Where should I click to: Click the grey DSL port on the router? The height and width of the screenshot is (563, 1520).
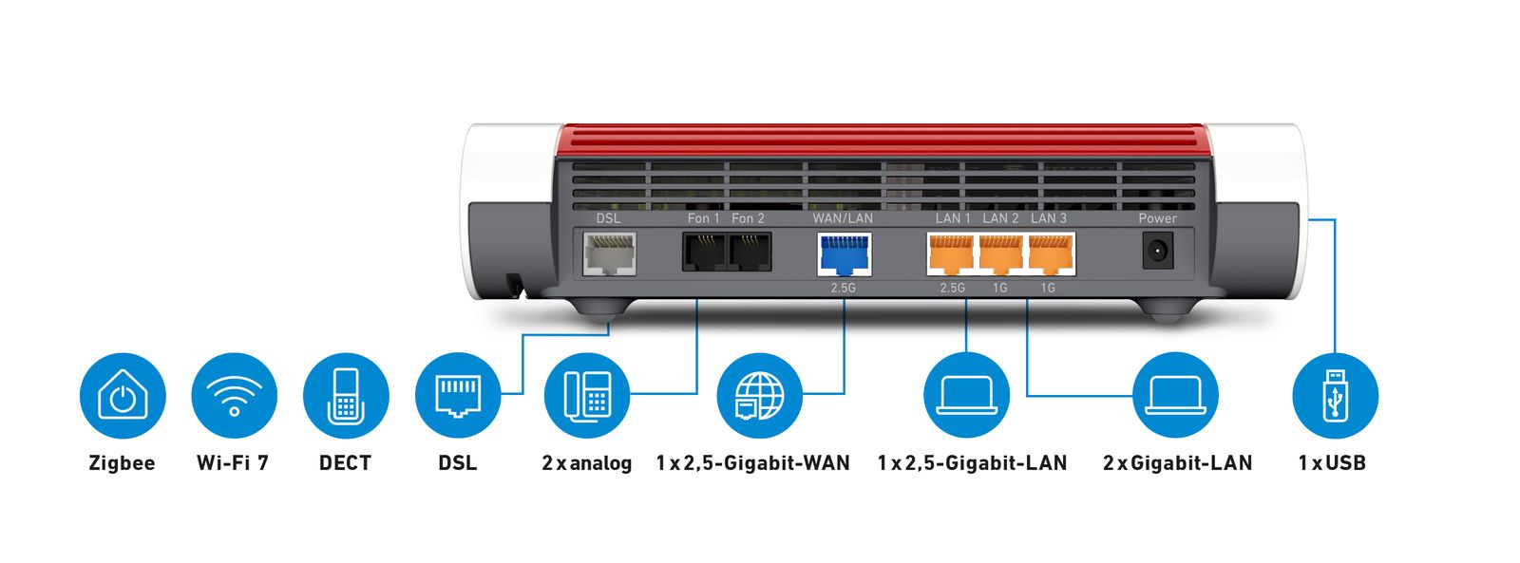pos(609,253)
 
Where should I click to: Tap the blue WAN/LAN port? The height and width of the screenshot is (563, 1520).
pos(844,253)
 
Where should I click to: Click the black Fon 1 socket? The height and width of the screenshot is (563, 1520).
pos(704,252)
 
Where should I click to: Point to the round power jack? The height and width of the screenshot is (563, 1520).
pos(1157,252)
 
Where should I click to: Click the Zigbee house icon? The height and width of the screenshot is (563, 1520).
pos(123,396)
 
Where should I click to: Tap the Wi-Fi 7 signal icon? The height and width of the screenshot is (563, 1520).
pos(234,396)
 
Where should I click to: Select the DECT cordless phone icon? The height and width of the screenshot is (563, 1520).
pos(346,396)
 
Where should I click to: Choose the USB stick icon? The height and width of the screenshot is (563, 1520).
pos(1335,396)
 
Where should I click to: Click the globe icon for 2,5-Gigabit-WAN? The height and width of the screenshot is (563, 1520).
pos(759,396)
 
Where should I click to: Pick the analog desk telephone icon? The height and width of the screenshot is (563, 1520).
pos(587,396)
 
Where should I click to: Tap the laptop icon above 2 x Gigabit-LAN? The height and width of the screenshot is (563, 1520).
pos(1175,396)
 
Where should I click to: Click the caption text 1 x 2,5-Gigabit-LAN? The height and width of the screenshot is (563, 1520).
pos(972,463)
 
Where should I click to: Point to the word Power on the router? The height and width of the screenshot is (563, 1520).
pos(1157,218)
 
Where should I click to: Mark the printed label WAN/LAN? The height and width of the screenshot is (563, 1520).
pos(843,218)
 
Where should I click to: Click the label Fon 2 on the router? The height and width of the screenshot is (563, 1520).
pos(748,218)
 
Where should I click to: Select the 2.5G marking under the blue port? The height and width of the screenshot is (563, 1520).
pos(843,288)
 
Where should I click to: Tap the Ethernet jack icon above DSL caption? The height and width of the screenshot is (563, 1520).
pos(458,396)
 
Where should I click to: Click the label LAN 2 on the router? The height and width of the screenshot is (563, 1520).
pos(1000,218)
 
